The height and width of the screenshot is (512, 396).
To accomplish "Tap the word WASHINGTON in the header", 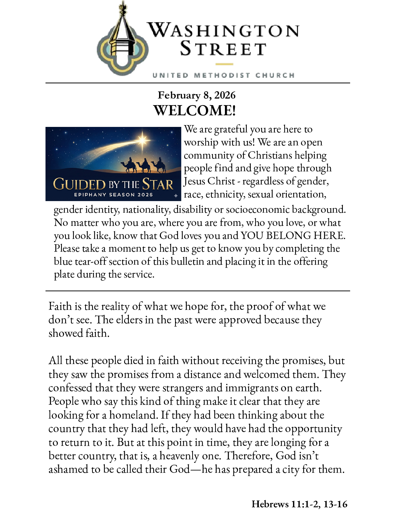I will (x=223, y=30).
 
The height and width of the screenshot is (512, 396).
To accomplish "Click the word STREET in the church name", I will (x=223, y=49).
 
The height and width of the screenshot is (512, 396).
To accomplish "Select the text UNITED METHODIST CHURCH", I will (x=223, y=75).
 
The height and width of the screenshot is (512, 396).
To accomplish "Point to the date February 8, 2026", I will (x=197, y=95).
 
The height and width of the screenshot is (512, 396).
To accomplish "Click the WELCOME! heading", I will (x=195, y=111).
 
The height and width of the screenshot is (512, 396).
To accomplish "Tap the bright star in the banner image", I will (x=143, y=140).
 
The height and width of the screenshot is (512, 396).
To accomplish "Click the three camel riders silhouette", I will (x=144, y=165).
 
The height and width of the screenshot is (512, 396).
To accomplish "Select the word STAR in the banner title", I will (x=158, y=184).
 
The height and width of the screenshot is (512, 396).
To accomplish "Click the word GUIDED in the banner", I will (x=79, y=184).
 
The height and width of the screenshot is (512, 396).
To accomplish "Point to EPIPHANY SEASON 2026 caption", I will (x=114, y=195).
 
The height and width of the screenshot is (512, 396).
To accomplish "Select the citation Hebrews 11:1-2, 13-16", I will (x=299, y=504).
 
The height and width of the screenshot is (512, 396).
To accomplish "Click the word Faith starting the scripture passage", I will (x=60, y=306).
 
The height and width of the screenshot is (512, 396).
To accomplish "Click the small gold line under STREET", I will (x=224, y=64).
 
